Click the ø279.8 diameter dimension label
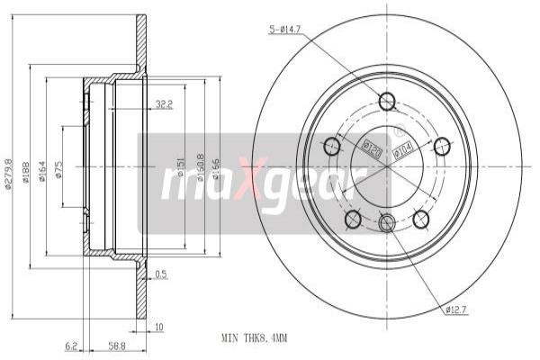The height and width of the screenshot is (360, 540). (x=8, y=172)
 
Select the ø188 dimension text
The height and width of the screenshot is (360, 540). (x=28, y=172)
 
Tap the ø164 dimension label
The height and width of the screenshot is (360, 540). (x=41, y=172)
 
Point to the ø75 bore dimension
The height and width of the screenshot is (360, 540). (x=58, y=172)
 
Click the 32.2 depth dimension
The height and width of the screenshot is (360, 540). (x=163, y=103)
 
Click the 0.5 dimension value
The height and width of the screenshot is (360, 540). (x=160, y=274)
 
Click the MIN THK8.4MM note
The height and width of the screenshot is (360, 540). (x=254, y=338)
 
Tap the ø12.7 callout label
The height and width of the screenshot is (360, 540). (x=456, y=310)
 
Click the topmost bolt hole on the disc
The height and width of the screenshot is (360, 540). (x=387, y=101)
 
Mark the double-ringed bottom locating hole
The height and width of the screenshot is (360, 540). (x=387, y=222)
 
